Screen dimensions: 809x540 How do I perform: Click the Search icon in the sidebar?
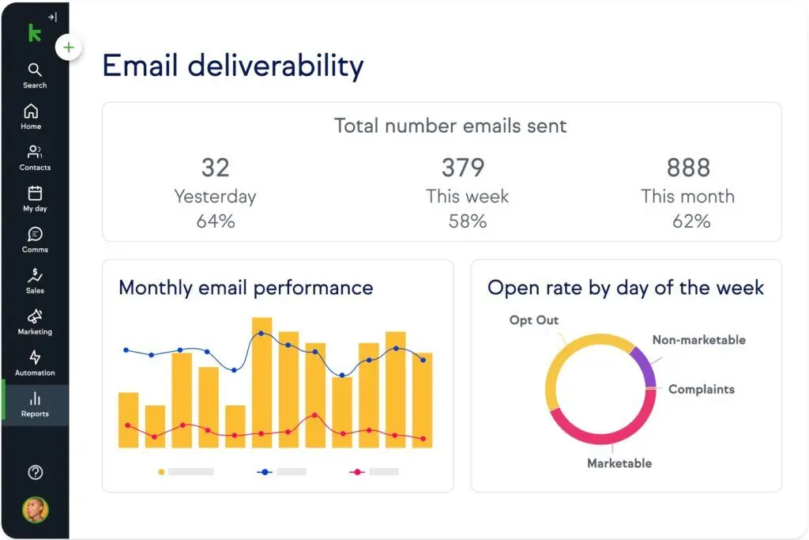pos(35,69)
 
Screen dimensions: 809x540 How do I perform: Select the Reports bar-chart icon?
pos(35,398)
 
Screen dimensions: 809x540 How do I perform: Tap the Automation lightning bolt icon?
pos(35,357)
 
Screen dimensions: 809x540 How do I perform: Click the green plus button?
pos(69,48)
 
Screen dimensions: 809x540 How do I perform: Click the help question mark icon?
pos(35,472)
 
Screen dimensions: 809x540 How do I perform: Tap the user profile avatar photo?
pos(35,509)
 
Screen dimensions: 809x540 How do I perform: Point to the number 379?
pos(463,168)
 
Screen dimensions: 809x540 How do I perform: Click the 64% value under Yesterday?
pos(216,221)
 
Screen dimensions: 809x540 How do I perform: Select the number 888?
pos(688,168)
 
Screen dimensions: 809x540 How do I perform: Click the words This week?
pos(467,196)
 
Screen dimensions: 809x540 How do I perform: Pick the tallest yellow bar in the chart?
pos(262,383)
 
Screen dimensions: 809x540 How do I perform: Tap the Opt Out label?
pos(533,320)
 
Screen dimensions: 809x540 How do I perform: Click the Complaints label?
pos(702,389)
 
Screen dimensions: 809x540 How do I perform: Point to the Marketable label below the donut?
pos(619,463)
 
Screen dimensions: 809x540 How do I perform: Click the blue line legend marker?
pos(265,472)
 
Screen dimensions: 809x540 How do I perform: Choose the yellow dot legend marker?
pos(161,472)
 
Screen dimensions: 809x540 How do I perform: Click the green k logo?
pos(35,33)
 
